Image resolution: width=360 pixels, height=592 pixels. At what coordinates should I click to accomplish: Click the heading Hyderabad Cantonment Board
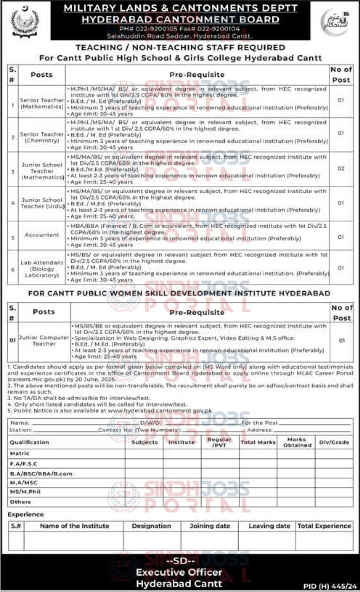point(180,20)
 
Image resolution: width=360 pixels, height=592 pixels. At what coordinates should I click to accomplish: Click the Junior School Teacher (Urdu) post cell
point(41,203)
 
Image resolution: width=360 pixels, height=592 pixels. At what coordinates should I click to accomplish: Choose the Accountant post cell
point(41,235)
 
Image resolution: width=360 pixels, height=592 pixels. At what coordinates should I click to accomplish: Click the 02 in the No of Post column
point(340,169)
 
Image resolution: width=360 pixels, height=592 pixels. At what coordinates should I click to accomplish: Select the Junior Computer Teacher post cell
point(44,341)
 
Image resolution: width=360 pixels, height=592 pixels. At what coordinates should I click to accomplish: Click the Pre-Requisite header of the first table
point(196,74)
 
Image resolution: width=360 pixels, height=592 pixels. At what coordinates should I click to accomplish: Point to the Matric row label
point(20,454)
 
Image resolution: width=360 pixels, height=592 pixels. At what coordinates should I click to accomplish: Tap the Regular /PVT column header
point(219,442)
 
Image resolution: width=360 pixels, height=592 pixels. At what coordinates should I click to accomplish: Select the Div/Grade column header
point(334,442)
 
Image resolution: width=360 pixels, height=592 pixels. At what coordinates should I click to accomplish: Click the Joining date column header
point(209,526)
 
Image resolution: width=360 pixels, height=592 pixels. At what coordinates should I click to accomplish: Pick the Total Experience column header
point(324,526)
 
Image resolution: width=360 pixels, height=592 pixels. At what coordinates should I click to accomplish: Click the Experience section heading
point(26,514)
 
